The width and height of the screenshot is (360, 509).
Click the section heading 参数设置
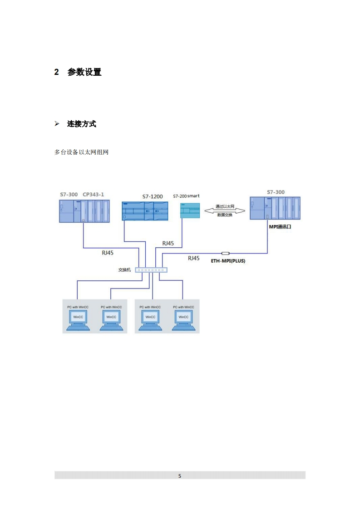coord(84,72)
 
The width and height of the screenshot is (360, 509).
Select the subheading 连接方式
coord(82,124)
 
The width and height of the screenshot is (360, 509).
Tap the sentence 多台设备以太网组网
coord(81,152)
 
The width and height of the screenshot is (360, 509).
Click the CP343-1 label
coord(93,195)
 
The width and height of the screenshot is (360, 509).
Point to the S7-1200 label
coord(153,196)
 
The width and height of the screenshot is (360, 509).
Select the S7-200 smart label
coord(186,196)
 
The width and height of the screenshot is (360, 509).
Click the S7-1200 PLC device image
coord(145,211)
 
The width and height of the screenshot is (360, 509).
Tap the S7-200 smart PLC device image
coord(190,210)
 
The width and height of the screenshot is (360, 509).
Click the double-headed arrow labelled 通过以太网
coord(225,210)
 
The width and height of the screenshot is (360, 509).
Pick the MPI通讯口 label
coord(280,226)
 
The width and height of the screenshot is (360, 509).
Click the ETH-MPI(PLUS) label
coord(228,261)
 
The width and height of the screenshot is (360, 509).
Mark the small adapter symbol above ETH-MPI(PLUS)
coord(226,253)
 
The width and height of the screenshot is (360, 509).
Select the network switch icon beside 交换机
coord(151,270)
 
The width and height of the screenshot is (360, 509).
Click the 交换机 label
coord(124,270)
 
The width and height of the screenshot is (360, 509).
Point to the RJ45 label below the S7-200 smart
coord(168,243)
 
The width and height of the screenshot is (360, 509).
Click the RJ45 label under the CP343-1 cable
coord(108,253)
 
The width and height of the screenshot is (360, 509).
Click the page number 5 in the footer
coord(180,476)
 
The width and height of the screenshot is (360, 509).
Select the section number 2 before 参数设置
coord(57,72)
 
